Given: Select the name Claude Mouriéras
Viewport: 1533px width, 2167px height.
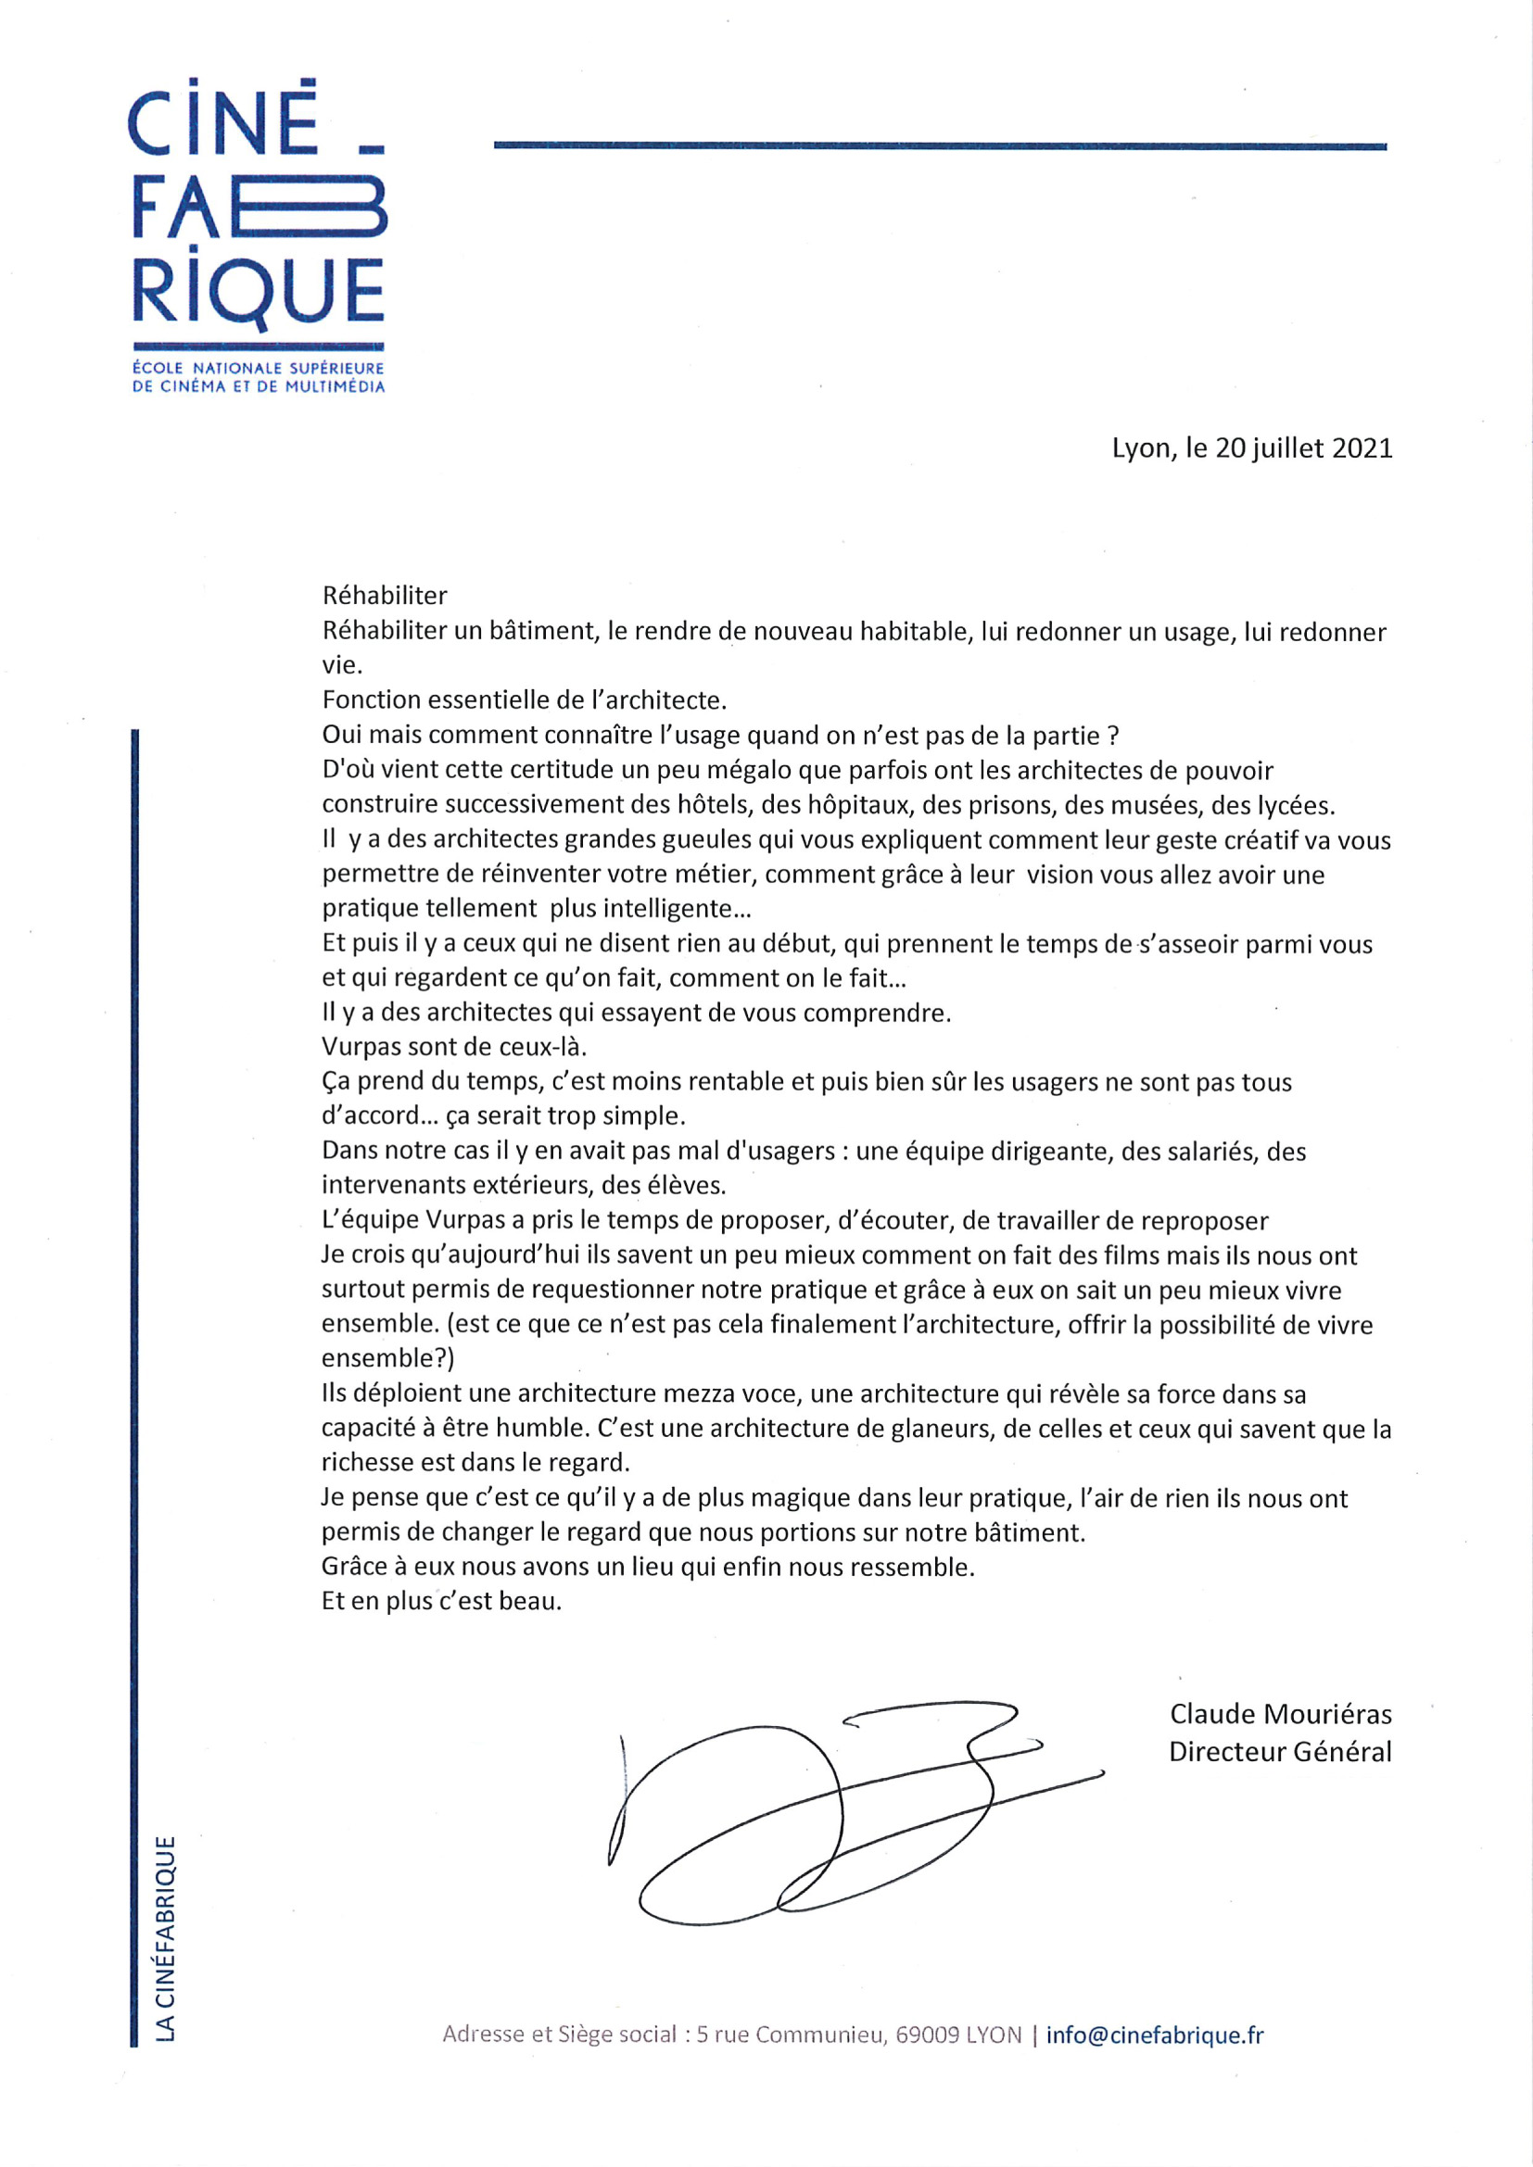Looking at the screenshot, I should [x=1280, y=1714].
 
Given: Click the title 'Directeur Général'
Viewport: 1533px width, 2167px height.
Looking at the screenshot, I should [x=1280, y=1752].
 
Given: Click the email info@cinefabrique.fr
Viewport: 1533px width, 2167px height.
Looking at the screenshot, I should [x=1154, y=2035].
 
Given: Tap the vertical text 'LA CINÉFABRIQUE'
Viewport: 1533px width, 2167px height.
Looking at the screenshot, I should [x=165, y=1939].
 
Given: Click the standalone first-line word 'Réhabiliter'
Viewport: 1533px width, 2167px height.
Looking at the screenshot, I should [x=385, y=596].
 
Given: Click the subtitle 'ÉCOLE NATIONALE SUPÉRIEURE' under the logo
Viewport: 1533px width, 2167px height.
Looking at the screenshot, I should [x=258, y=368].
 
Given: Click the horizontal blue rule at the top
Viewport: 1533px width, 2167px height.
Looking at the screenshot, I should [x=939, y=146].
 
